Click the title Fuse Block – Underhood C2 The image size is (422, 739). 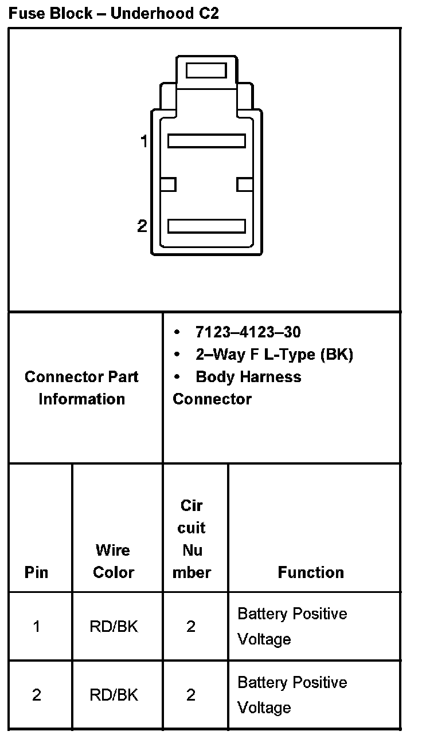point(114,14)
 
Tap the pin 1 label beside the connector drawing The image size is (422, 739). point(144,141)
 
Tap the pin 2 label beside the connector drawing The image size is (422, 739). point(142,226)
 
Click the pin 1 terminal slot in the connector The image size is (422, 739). point(206,141)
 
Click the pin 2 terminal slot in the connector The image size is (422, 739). point(206,226)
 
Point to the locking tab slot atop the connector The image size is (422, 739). point(206,71)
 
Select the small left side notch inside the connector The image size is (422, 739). point(168,184)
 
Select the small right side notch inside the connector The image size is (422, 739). point(245,184)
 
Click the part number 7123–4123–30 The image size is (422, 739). point(248,332)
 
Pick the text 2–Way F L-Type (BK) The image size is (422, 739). point(274,355)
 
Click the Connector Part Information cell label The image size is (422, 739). point(81,388)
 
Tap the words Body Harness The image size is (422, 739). point(248,377)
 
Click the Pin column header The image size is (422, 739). point(37,572)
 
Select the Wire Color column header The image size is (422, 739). point(114,561)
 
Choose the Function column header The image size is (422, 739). point(311,572)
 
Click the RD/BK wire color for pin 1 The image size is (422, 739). point(114,627)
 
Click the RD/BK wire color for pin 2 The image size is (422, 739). point(114,695)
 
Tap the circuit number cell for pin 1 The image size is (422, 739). point(191,627)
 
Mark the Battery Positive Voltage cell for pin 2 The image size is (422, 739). point(292,695)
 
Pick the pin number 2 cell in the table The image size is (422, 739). point(37,695)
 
